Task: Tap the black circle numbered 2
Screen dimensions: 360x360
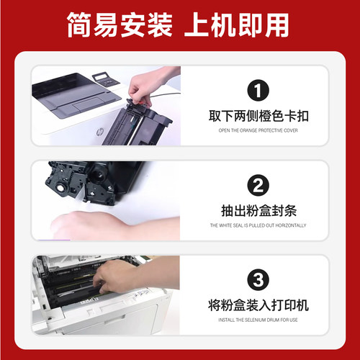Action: [258, 185]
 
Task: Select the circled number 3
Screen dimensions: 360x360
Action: [258, 279]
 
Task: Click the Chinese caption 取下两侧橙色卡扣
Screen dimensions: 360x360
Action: [258, 115]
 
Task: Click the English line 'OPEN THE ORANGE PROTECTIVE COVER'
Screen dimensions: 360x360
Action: [258, 131]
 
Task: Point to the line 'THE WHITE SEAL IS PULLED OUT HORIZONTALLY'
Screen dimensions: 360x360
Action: [258, 225]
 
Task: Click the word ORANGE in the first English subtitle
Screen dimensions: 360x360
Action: [247, 131]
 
